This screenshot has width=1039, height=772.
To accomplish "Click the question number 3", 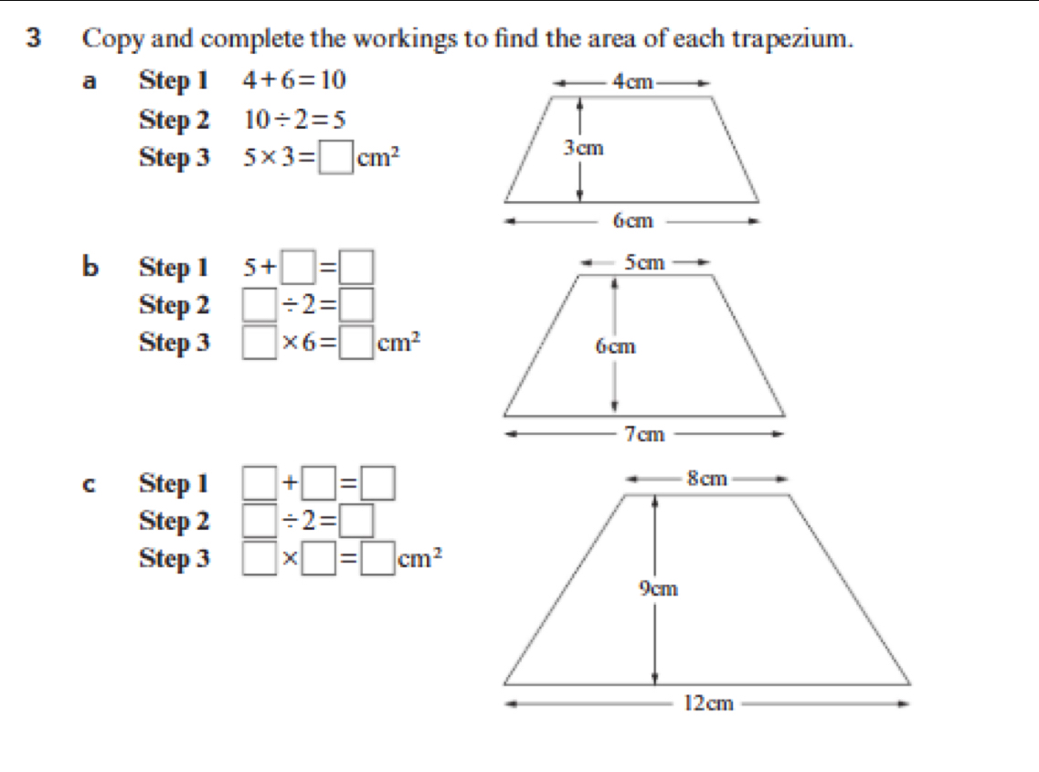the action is coord(34,37).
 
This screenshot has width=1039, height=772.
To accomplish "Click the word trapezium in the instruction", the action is coord(792,39).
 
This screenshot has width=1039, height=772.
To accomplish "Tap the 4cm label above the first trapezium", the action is coord(632,81).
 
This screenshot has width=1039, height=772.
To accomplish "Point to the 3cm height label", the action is coord(584,148).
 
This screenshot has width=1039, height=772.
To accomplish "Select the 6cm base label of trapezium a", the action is coord(632,220).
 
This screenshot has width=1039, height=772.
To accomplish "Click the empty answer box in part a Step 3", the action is coord(336,158).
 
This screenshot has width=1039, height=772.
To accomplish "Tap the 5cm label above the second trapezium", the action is coord(645,262).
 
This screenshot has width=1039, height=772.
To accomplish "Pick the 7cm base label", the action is coord(645,434).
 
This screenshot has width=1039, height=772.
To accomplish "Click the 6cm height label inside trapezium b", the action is coord(616,346).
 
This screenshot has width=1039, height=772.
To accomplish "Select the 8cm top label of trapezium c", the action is coord(707,478).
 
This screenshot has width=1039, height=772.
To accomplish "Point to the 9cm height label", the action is coord(658,588).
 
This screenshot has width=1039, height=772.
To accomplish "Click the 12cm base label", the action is coord(708,703).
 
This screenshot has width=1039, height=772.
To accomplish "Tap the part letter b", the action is coord(90,267).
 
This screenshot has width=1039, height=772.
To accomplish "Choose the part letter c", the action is coord(89,484).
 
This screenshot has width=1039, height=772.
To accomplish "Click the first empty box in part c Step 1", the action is coord(260,483).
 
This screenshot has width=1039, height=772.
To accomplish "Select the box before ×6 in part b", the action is coord(260,343).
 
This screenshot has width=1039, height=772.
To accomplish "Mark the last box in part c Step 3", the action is coord(377,558).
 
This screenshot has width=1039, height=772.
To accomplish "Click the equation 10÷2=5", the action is coord(294,120).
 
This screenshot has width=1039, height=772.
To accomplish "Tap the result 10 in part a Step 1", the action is coord(334,80).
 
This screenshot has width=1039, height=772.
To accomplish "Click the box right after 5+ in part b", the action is coord(298,267).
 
